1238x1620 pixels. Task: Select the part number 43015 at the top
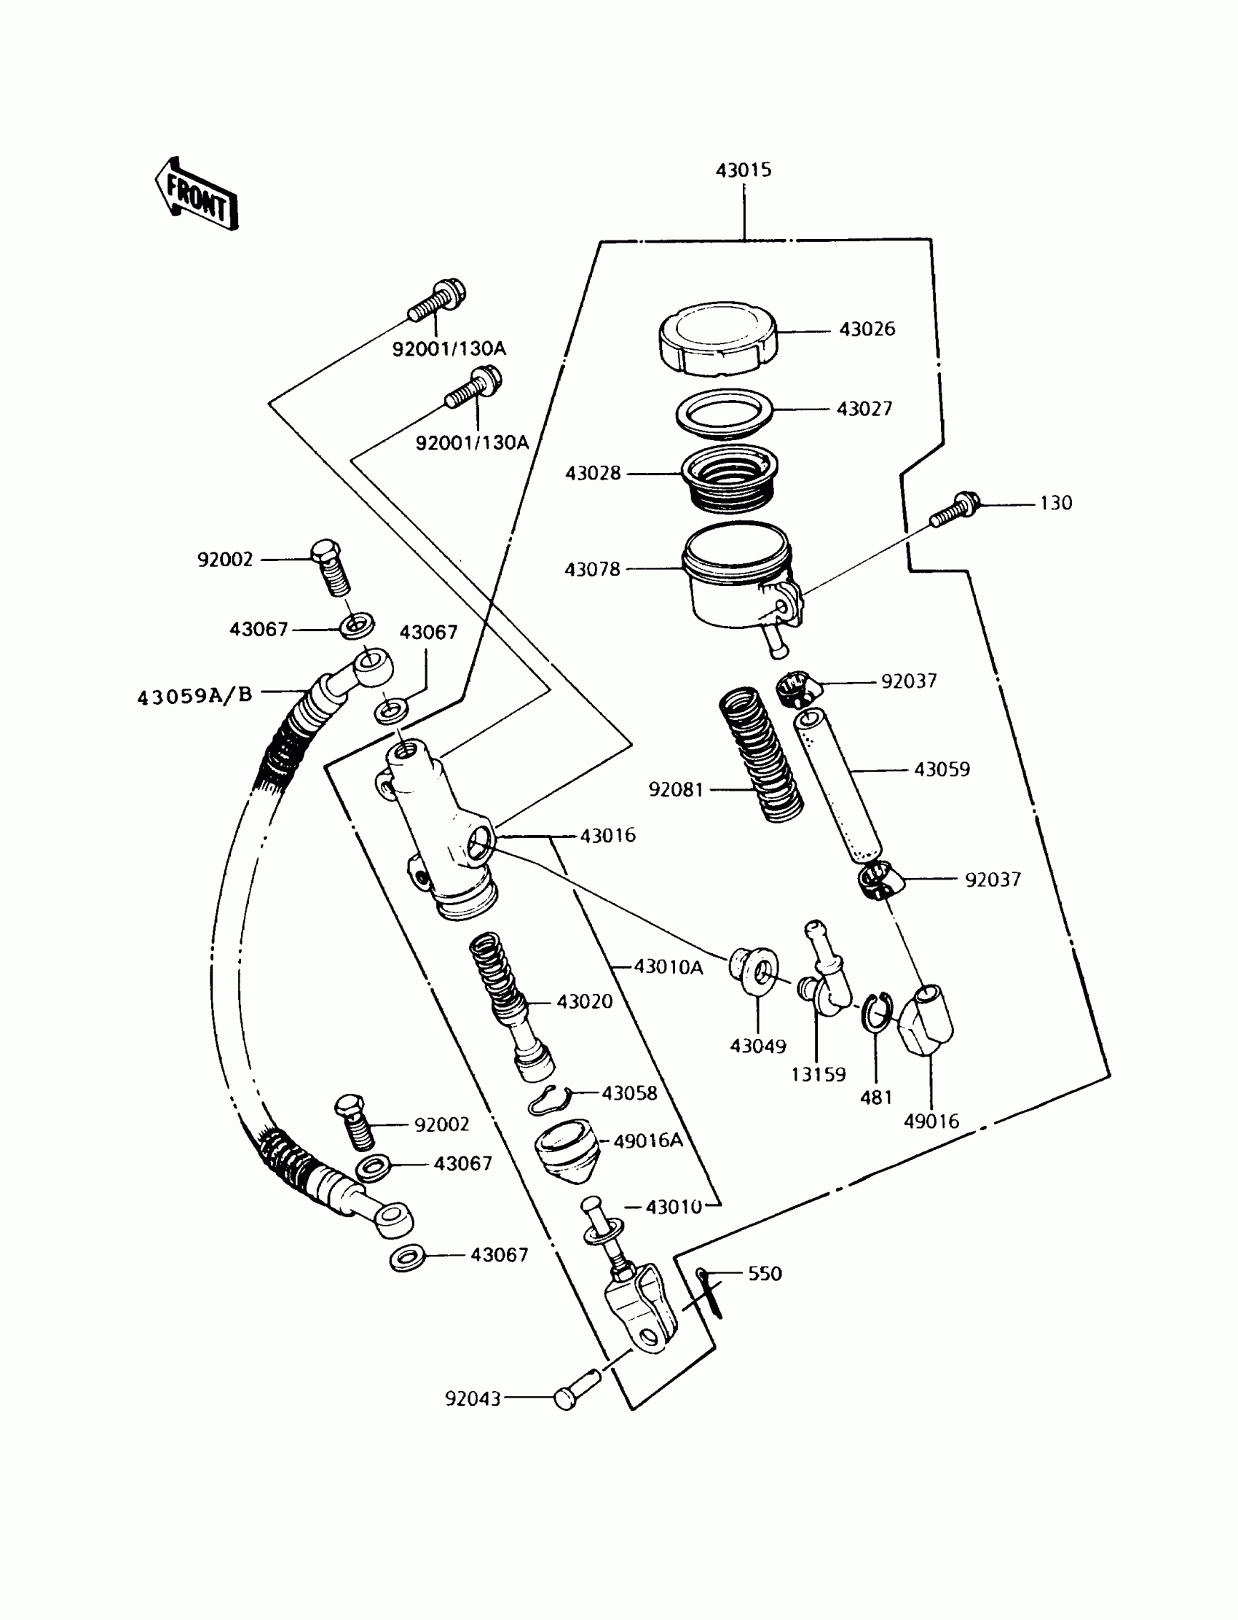point(744,171)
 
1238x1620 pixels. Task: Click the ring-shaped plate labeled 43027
point(725,412)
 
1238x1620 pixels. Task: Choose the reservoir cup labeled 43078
point(737,578)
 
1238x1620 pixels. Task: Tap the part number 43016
point(607,835)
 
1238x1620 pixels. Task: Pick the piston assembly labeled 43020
point(510,1003)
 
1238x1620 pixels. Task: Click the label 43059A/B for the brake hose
point(194,695)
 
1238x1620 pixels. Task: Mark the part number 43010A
point(669,967)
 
